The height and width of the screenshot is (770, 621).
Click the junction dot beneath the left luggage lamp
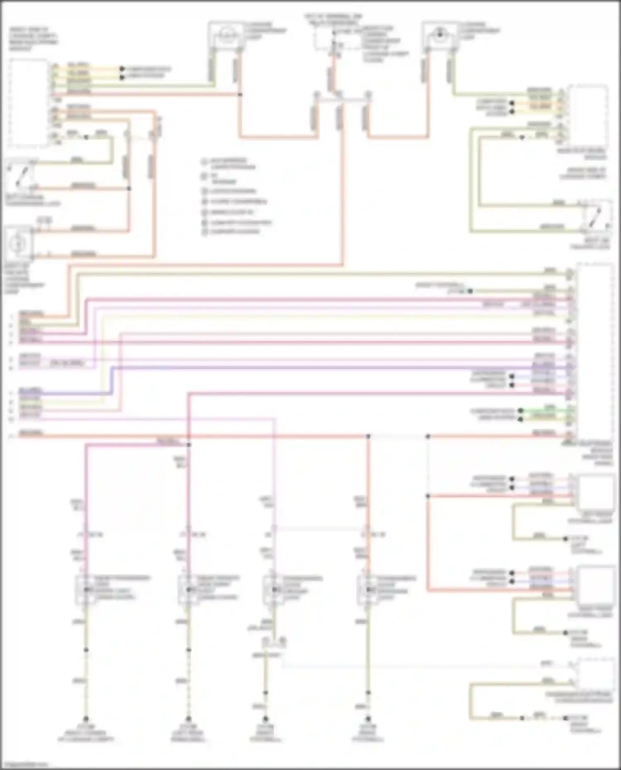pyautogui.click(x=240, y=95)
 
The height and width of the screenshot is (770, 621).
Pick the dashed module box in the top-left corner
pyautogui.click(x=28, y=103)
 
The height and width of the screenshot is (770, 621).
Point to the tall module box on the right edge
pyautogui.click(x=595, y=352)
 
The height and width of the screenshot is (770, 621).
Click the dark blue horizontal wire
pyautogui.click(x=331, y=367)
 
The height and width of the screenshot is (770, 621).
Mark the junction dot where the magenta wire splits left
pyautogui.click(x=189, y=445)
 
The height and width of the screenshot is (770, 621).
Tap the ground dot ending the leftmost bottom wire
pyautogui.click(x=86, y=719)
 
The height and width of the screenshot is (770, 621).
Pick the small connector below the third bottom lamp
pyautogui.click(x=273, y=642)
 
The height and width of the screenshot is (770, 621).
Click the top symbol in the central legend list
pyautogui.click(x=205, y=161)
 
